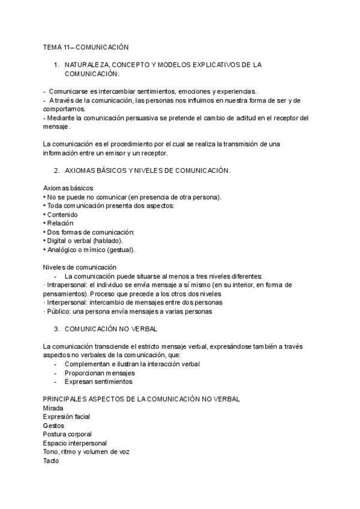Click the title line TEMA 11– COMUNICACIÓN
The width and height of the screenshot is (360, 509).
pyautogui.click(x=85, y=46)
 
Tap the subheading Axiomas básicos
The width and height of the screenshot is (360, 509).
pyautogui.click(x=68, y=188)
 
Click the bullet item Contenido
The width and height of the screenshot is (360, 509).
pyautogui.click(x=62, y=214)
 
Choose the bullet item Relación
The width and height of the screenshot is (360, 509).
pyautogui.click(x=60, y=223)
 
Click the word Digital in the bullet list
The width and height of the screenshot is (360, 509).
pyautogui.click(x=57, y=241)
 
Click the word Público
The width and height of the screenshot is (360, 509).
pyautogui.click(x=57, y=312)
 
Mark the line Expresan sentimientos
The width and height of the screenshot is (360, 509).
pyautogui.click(x=98, y=382)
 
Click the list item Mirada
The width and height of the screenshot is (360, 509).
pyautogui.click(x=53, y=408)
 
